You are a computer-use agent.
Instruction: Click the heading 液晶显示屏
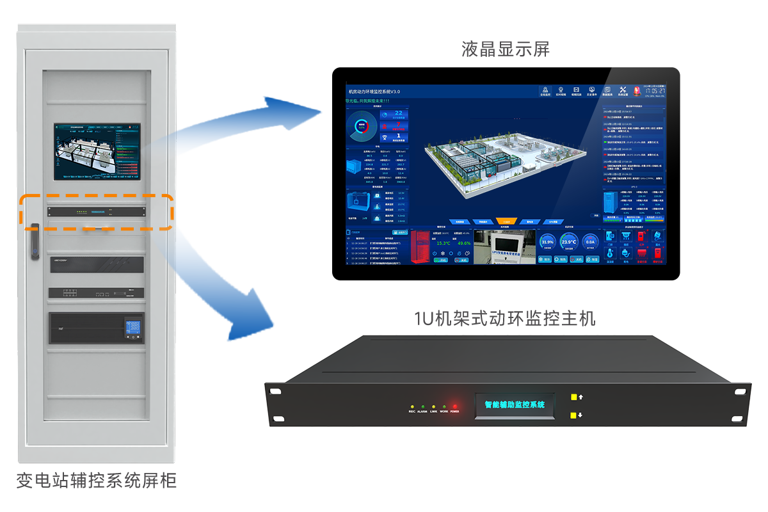click(x=506, y=49)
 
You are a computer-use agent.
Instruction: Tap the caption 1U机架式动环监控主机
click(x=505, y=318)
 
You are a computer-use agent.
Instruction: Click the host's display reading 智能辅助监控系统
click(x=514, y=405)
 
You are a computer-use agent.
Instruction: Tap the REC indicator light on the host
click(x=412, y=406)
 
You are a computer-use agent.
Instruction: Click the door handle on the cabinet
click(x=34, y=240)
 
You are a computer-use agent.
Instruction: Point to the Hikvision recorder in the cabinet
click(x=96, y=264)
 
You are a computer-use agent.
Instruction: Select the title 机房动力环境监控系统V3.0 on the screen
click(x=374, y=92)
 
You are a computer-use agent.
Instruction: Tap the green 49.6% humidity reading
click(x=463, y=243)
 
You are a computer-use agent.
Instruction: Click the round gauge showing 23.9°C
click(x=569, y=242)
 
